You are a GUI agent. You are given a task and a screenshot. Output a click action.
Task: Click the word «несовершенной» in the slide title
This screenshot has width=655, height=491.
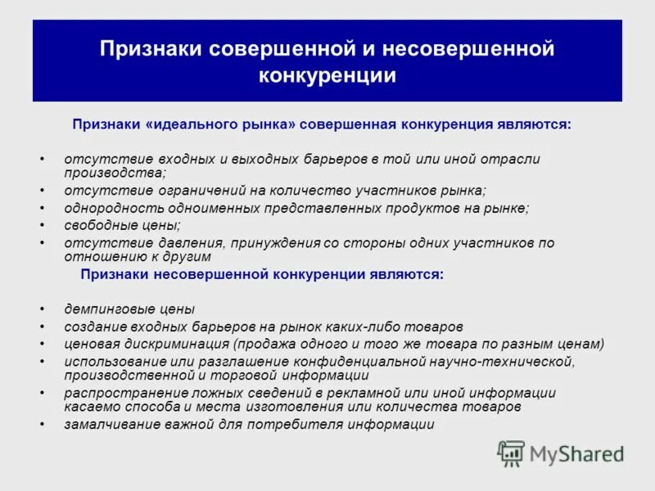pyautogui.click(x=484, y=49)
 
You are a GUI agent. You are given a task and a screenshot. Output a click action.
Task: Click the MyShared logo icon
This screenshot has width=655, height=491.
pyautogui.click(x=512, y=453)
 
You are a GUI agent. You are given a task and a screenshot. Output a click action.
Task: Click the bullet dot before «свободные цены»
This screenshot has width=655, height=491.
pyautogui.click(x=42, y=225)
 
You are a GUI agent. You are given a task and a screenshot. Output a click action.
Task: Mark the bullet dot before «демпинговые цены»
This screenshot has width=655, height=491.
pyautogui.click(x=42, y=309)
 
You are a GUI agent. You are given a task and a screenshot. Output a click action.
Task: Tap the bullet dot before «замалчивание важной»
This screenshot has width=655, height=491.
pyautogui.click(x=42, y=424)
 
